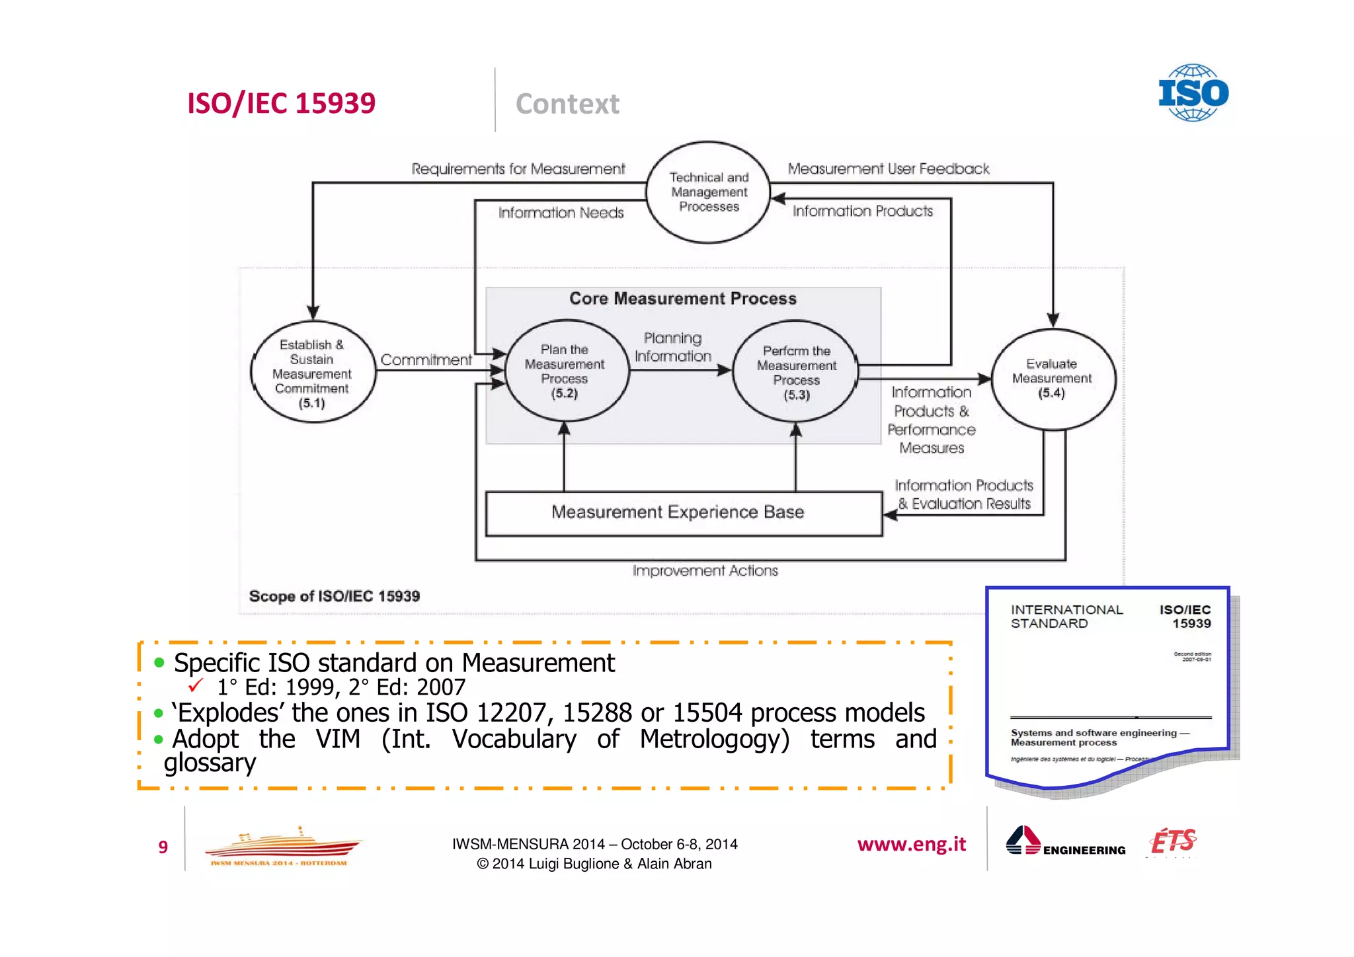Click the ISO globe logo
click(1193, 93)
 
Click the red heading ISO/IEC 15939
click(281, 103)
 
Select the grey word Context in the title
click(567, 104)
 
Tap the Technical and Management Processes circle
click(708, 192)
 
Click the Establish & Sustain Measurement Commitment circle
click(312, 373)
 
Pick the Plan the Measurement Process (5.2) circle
click(565, 371)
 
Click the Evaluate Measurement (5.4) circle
click(1052, 379)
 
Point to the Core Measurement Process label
click(683, 299)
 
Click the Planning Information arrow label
click(673, 347)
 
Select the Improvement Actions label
click(705, 570)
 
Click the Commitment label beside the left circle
click(426, 360)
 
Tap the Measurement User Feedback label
click(888, 169)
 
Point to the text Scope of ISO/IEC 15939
click(334, 596)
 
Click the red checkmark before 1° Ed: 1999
click(196, 685)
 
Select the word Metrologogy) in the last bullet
click(715, 740)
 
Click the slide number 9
click(163, 847)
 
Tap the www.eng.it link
click(911, 844)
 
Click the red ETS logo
click(1173, 841)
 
